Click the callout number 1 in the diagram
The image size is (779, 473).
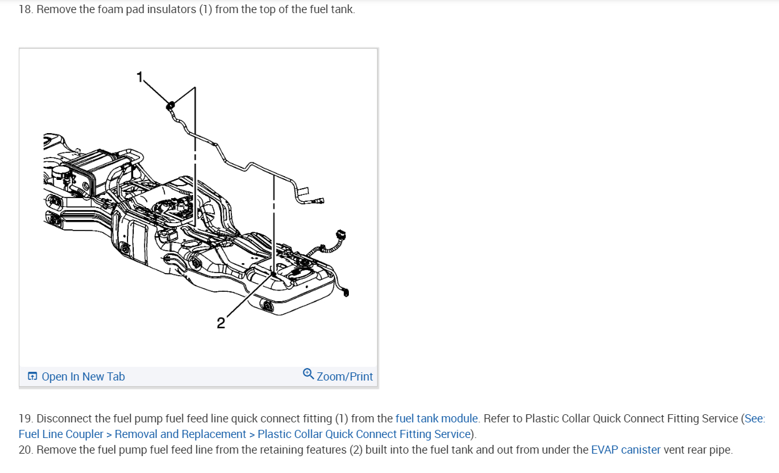(x=140, y=77)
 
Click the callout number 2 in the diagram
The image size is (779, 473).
(x=221, y=322)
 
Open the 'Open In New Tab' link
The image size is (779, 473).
(x=83, y=377)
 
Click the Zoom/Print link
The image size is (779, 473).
(x=344, y=377)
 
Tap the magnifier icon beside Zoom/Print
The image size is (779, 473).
(x=308, y=374)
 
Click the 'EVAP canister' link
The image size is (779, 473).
(x=625, y=449)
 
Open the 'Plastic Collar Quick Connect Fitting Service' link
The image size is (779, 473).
(x=363, y=434)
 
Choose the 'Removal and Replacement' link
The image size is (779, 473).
(x=181, y=434)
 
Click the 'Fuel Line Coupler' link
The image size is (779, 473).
(x=61, y=434)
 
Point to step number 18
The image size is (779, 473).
(x=25, y=10)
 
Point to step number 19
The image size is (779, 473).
(x=25, y=419)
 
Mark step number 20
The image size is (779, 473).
(x=26, y=449)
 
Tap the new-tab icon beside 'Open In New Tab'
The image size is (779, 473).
(x=32, y=377)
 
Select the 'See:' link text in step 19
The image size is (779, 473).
(x=755, y=419)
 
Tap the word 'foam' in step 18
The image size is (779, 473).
(x=111, y=10)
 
